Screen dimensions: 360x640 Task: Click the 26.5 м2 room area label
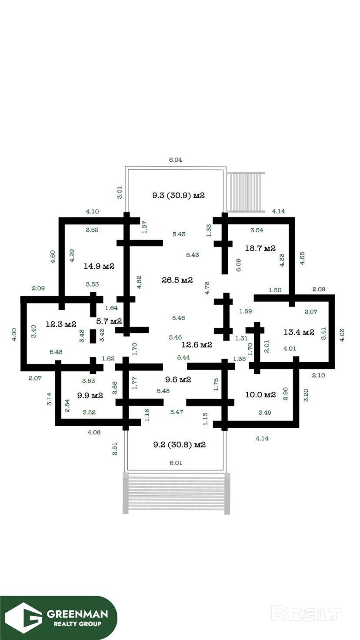[x=177, y=280]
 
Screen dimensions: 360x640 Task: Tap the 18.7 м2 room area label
[x=260, y=248]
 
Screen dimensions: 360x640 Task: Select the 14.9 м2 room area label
[x=99, y=266]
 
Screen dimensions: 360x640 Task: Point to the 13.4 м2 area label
[x=299, y=332]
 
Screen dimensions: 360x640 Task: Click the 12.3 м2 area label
[x=61, y=324]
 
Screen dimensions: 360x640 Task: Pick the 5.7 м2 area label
[x=109, y=321]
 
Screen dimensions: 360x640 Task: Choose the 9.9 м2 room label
[x=90, y=395]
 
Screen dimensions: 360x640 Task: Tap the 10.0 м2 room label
[x=260, y=395]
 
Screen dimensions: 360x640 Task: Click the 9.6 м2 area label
[x=178, y=380]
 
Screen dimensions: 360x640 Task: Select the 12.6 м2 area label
[x=197, y=345]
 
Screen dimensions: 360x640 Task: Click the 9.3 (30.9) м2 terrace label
[x=178, y=195]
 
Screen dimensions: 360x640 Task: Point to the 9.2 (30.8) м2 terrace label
[x=180, y=445]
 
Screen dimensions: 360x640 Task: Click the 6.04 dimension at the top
[x=175, y=160]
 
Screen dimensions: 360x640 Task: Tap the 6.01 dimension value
[x=176, y=463]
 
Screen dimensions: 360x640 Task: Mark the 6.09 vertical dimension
[x=238, y=265]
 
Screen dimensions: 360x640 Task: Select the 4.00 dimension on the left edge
[x=14, y=334]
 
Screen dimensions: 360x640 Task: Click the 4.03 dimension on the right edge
[x=342, y=335]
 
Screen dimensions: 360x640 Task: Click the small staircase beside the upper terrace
[x=245, y=192]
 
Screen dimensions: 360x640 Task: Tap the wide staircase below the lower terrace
[x=176, y=493]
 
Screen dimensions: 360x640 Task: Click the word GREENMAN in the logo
[x=77, y=614]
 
